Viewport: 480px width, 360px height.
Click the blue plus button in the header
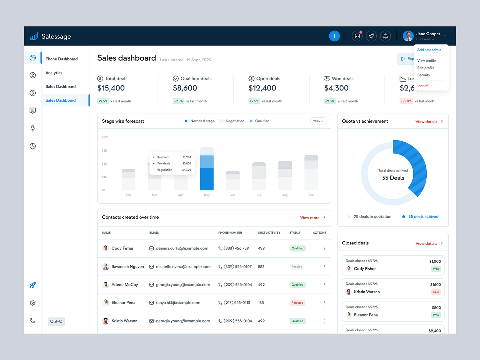pos(334,36)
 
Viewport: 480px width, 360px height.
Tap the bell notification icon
pos(385,36)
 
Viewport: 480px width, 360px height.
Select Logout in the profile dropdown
pos(422,85)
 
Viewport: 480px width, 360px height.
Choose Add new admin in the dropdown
pos(429,50)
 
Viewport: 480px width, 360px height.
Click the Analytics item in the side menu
pos(54,73)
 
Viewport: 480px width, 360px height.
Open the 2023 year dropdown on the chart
pos(318,121)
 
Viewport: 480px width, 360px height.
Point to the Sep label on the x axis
pos(311,195)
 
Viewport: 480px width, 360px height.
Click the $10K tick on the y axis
pos(105,137)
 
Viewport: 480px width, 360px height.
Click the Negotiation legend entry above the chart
pos(234,121)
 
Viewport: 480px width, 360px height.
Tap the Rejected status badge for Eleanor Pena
pos(297,303)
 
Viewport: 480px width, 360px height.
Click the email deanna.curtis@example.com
pos(182,248)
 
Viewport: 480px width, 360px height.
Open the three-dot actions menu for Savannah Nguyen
pos(324,267)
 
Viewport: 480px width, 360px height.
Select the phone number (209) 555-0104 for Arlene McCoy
pos(238,285)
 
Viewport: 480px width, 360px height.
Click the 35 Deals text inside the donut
pos(393,178)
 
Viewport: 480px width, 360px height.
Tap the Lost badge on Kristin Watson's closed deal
pos(436,292)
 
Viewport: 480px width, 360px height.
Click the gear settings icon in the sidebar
pos(33,303)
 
